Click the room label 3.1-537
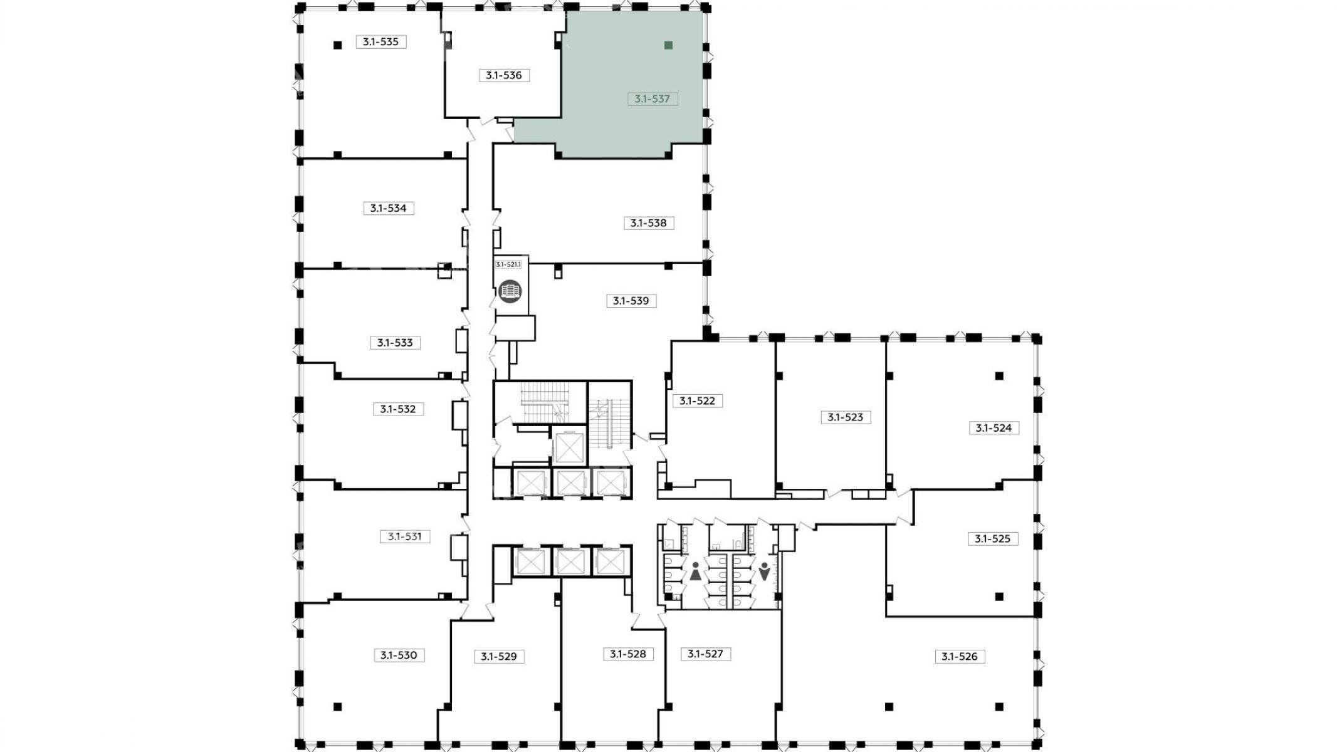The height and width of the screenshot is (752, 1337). tap(653, 99)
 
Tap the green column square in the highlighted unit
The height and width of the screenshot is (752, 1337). tap(668, 45)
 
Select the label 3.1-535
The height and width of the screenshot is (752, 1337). tap(381, 42)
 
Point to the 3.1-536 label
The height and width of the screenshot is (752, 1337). tap(504, 75)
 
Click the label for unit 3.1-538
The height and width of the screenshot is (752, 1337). tap(649, 223)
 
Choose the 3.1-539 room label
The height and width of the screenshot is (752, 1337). tap(631, 301)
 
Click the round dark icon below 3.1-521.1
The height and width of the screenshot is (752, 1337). tap(510, 291)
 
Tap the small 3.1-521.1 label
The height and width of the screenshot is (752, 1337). tap(508, 264)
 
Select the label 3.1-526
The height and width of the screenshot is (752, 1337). tap(960, 657)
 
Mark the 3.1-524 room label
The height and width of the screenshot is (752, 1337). tap(994, 428)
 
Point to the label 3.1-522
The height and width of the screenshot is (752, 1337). tap(698, 400)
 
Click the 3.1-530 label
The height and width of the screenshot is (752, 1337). tap(399, 655)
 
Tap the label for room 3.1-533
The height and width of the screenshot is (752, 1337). tap(395, 343)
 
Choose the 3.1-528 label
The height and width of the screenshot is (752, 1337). tap(628, 654)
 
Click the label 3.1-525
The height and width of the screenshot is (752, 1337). tap(993, 538)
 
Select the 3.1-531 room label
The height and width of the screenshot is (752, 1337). tap(405, 536)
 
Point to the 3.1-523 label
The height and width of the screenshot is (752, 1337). tap(846, 417)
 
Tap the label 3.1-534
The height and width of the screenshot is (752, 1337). tap(389, 208)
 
